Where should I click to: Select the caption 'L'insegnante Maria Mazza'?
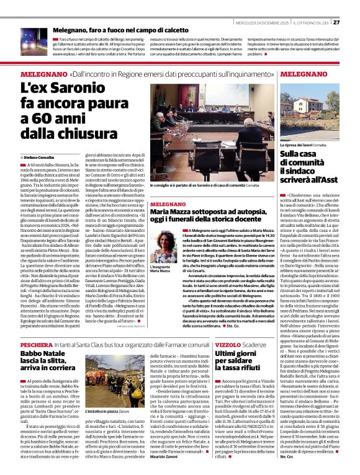161,252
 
